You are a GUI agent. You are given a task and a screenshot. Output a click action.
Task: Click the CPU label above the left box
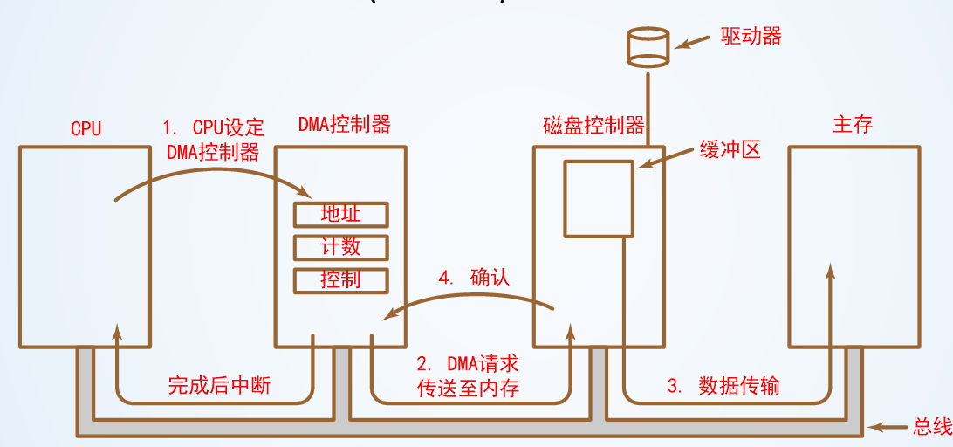(86, 128)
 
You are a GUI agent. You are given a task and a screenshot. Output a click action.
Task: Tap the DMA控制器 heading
(344, 124)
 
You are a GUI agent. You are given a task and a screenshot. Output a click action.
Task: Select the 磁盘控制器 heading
(600, 125)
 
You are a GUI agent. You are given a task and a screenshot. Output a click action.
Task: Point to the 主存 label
(853, 124)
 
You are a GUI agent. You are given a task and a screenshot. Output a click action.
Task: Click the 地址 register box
(340, 214)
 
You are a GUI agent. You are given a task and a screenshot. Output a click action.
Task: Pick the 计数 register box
(340, 247)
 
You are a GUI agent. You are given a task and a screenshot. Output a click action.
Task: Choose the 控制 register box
(340, 279)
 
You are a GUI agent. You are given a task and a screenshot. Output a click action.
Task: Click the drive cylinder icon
(648, 47)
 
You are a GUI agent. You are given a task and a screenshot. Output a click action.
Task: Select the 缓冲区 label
(730, 149)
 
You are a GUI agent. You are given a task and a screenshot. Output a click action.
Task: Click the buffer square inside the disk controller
(598, 198)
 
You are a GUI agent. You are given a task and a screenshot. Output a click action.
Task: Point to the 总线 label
(930, 427)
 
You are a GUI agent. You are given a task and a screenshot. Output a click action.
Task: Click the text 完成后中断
(219, 385)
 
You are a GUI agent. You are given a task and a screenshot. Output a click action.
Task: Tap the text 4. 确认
(474, 279)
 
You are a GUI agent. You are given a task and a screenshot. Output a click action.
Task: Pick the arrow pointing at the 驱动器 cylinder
(694, 41)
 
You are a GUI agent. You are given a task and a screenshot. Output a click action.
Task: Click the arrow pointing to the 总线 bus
(890, 427)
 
